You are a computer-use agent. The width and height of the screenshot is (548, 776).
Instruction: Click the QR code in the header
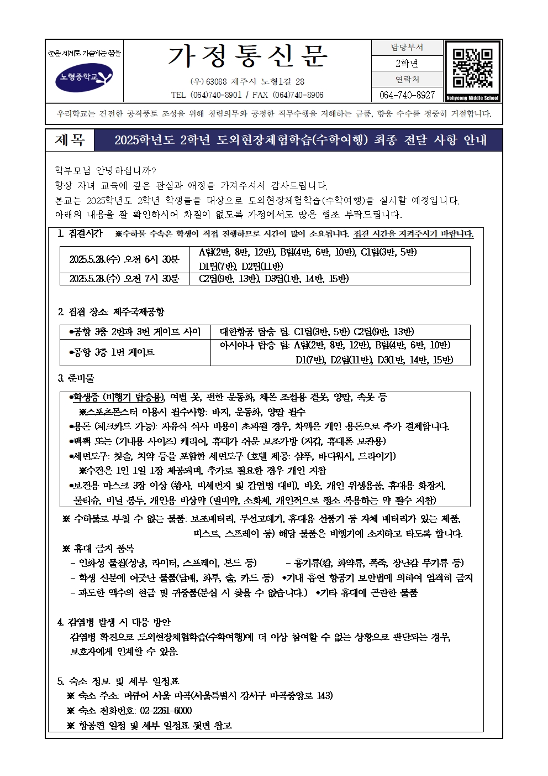click(472, 68)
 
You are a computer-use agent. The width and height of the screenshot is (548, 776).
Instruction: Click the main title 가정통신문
click(247, 56)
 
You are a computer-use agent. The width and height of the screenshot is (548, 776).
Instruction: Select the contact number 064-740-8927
click(407, 95)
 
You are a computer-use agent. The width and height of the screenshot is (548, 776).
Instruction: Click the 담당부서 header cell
click(407, 48)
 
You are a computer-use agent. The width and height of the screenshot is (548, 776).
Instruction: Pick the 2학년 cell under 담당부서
click(407, 64)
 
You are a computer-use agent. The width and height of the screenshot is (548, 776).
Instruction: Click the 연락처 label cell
click(407, 80)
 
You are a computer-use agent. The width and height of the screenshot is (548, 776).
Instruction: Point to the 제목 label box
click(70, 140)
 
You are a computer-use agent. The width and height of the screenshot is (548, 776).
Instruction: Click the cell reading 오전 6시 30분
click(125, 259)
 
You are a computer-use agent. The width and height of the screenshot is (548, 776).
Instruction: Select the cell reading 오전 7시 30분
click(125, 279)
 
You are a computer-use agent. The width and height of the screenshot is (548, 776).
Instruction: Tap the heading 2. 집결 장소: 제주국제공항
click(111, 313)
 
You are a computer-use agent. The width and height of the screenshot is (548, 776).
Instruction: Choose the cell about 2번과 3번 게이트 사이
click(135, 332)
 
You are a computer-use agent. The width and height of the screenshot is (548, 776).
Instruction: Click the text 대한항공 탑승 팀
click(255, 332)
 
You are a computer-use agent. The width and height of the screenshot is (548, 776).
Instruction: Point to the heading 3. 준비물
click(76, 379)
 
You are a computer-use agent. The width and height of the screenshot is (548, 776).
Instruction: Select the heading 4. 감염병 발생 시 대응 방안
click(114, 622)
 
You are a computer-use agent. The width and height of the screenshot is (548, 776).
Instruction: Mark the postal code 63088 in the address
click(217, 82)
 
